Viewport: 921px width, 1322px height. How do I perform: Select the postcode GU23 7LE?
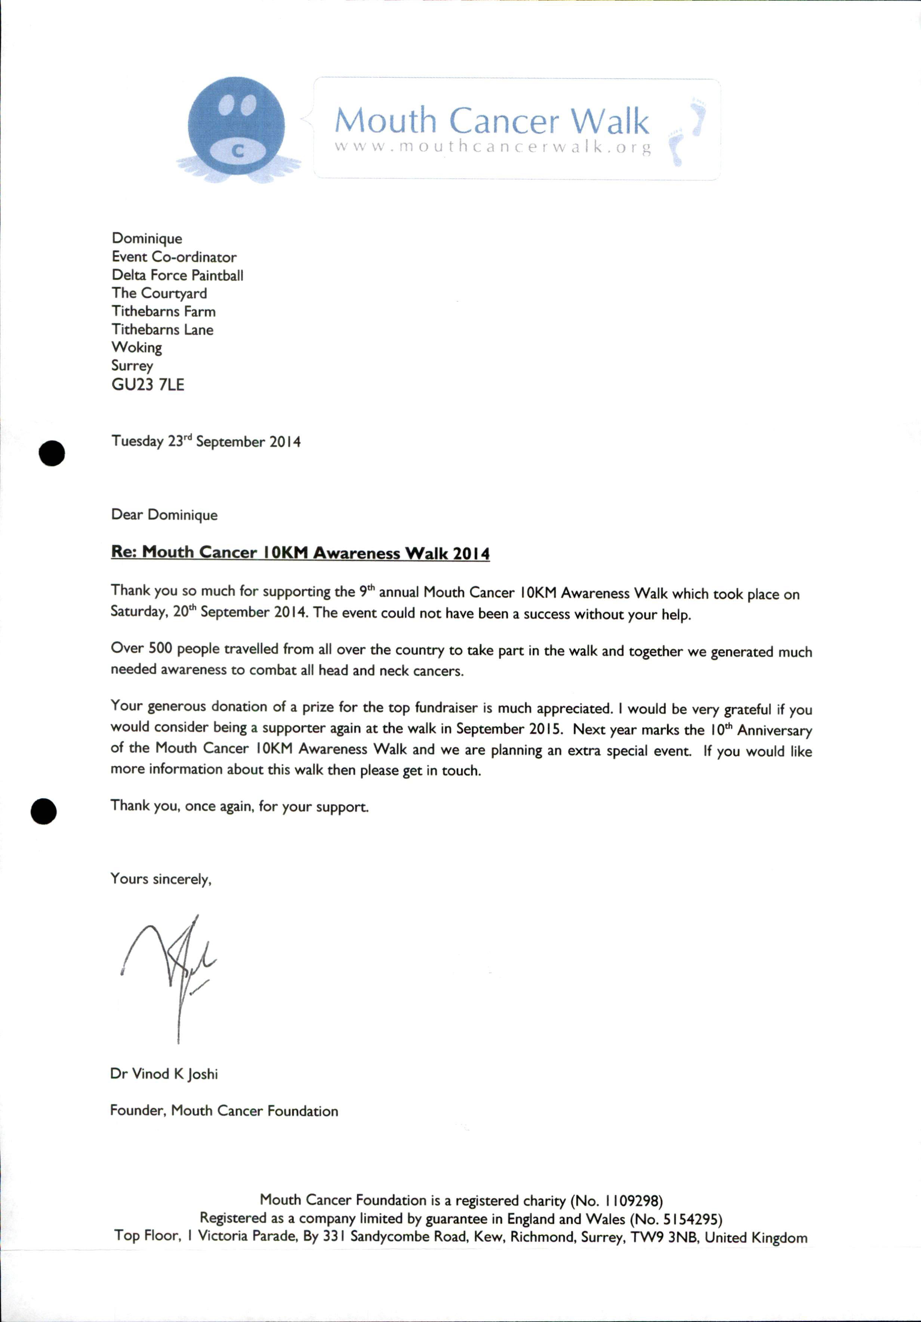[148, 385]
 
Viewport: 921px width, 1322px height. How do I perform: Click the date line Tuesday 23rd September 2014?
[206, 442]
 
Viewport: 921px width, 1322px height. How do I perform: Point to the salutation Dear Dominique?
[164, 515]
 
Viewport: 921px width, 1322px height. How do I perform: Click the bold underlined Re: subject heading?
[300, 553]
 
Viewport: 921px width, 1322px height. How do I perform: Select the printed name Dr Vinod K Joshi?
[164, 1074]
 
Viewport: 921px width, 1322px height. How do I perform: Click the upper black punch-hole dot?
[52, 453]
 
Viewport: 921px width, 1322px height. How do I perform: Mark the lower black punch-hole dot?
[44, 812]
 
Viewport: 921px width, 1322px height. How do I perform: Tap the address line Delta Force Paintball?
[177, 275]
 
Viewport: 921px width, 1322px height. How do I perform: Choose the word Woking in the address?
[136, 347]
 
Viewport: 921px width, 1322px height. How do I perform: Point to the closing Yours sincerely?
[161, 879]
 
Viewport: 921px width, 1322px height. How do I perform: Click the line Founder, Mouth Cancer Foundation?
[224, 1111]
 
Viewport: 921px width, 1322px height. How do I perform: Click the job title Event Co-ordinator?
[174, 257]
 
